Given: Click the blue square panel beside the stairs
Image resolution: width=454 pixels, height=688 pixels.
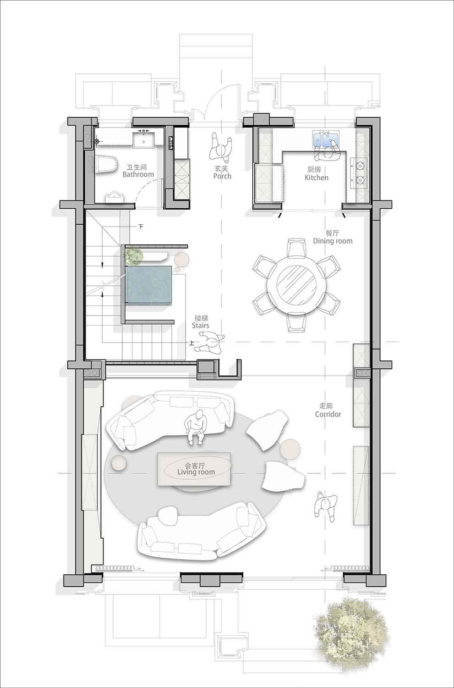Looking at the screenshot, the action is tap(148, 286).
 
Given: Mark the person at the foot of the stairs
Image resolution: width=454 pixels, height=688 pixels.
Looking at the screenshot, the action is tap(209, 344).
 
